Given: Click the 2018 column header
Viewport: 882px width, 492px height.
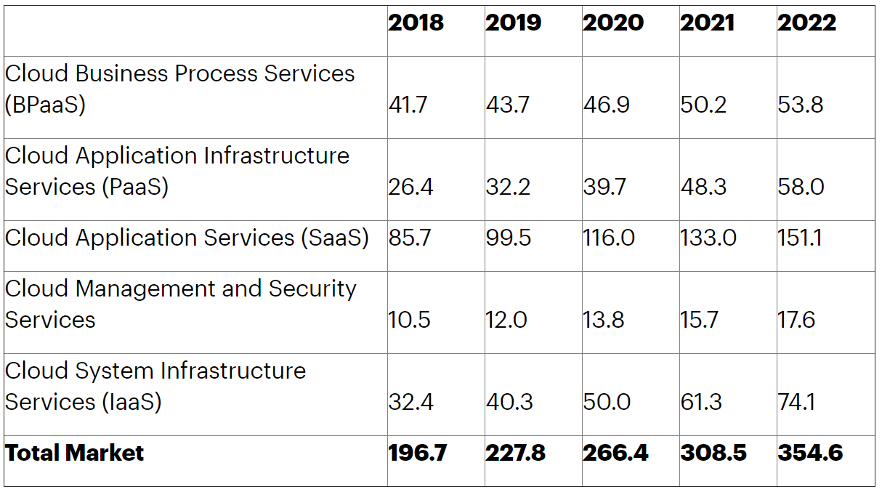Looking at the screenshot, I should click(x=416, y=23).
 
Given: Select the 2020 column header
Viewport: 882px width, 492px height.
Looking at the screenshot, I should click(x=612, y=23).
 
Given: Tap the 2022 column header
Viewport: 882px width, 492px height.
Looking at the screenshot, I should click(x=806, y=23).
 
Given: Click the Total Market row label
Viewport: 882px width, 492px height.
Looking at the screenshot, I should click(x=75, y=453).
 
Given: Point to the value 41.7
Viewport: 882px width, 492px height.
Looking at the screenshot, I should click(x=408, y=105).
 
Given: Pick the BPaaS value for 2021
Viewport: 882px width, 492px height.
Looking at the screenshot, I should click(x=703, y=105).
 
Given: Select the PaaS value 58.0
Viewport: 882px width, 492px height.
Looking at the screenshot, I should click(x=801, y=187).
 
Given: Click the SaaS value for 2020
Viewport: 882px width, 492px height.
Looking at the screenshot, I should click(x=609, y=238).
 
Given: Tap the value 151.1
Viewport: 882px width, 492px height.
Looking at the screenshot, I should click(x=799, y=238).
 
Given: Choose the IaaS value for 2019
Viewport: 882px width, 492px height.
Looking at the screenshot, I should click(x=509, y=402).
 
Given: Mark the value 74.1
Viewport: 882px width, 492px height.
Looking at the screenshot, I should click(x=797, y=402).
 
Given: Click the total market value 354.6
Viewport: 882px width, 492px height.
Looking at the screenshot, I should click(x=810, y=453).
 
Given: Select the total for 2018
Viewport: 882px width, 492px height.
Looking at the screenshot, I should click(x=418, y=453).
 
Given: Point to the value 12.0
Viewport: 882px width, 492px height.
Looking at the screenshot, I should click(x=506, y=320).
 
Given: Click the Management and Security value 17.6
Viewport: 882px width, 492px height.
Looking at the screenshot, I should click(x=797, y=320).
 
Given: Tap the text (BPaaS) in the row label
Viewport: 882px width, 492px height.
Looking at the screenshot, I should click(x=45, y=105).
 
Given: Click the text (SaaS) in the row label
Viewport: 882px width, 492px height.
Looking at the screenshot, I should click(x=333, y=238).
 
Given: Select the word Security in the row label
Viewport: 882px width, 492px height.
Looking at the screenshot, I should click(x=312, y=289).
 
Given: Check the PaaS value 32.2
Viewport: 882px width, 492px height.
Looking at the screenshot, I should click(x=508, y=187).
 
